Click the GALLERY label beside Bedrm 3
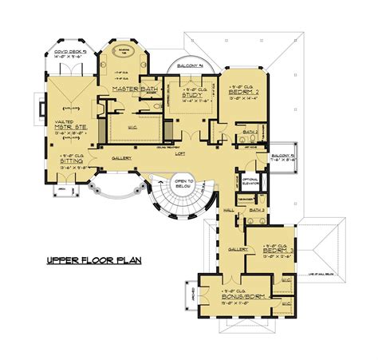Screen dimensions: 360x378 coord(238,250)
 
